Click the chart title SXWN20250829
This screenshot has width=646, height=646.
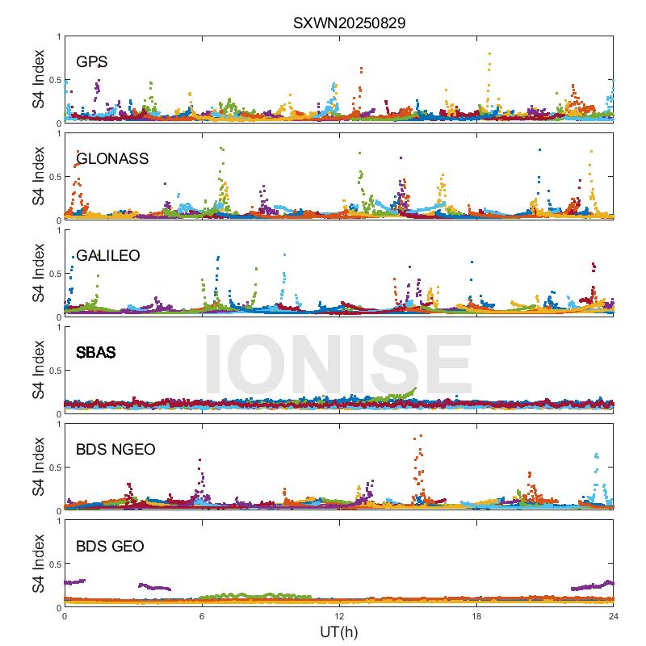click(x=349, y=23)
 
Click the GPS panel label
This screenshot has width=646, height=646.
click(x=92, y=61)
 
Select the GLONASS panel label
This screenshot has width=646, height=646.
click(x=112, y=158)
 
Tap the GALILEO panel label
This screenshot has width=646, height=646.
click(x=108, y=255)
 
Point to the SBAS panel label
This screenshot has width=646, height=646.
click(x=95, y=352)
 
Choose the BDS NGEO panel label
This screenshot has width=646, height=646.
click(x=115, y=450)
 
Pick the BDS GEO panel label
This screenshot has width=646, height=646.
click(x=110, y=547)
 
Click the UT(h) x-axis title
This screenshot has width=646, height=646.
click(x=338, y=631)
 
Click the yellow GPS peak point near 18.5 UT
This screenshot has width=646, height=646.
click(x=489, y=54)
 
